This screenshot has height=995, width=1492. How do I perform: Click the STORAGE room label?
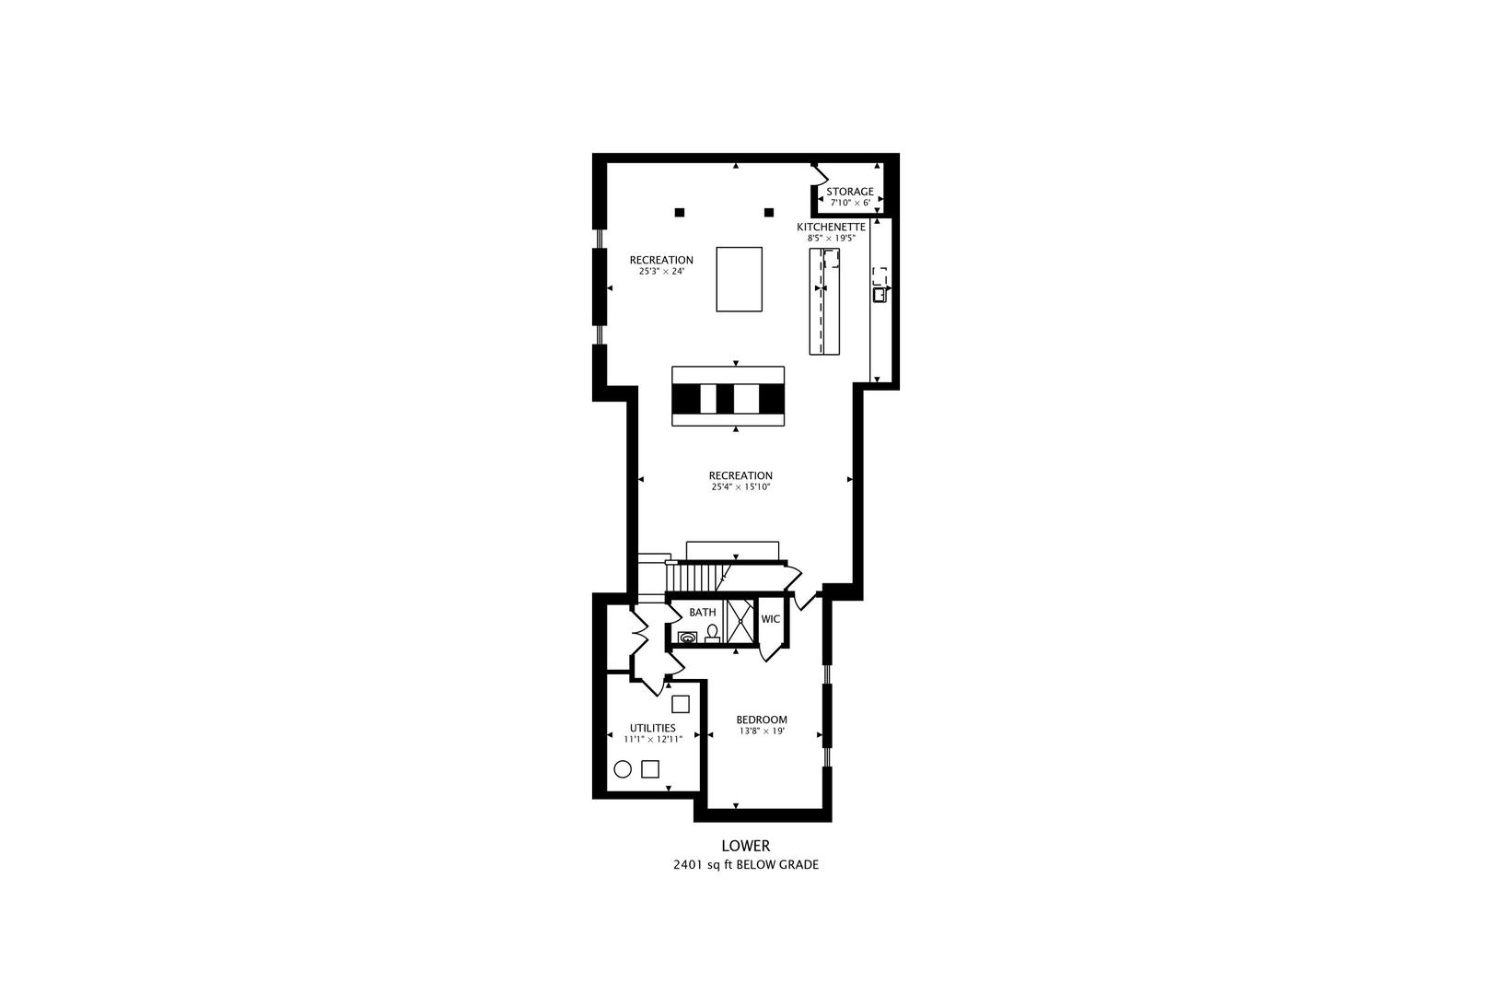849,192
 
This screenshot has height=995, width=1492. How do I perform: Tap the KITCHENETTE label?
831,227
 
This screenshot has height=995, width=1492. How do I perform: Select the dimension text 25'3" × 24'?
660,272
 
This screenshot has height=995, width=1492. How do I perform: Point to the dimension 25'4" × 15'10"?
740,486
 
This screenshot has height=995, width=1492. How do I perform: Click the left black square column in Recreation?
680,213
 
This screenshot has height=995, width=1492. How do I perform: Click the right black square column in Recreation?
769,213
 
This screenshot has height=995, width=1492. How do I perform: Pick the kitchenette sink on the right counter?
880,295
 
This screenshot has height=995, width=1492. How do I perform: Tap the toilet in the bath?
712,632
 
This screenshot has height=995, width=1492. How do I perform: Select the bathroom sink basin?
688,637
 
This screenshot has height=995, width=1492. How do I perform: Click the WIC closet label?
770,619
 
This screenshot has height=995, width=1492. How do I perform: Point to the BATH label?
703,613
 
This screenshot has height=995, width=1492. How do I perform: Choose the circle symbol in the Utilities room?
623,768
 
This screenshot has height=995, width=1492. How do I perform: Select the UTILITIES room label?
652,728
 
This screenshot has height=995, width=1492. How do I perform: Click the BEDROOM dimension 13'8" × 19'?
761,732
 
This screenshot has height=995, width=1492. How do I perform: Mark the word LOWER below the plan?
745,846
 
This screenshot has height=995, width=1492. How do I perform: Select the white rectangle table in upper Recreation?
740,279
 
